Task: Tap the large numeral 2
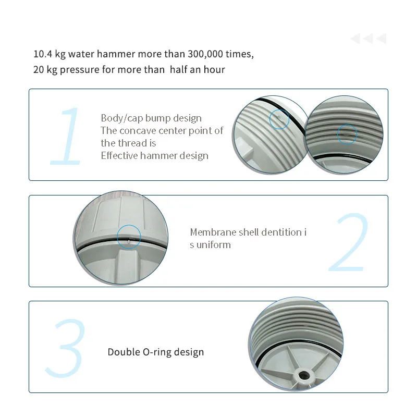coord(348,243)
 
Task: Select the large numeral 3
coord(65,348)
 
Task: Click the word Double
coord(124,352)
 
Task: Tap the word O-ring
coord(158,352)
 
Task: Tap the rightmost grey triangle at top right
coord(381,39)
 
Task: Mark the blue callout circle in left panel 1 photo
coord(279,119)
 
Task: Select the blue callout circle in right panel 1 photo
coord(346,134)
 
